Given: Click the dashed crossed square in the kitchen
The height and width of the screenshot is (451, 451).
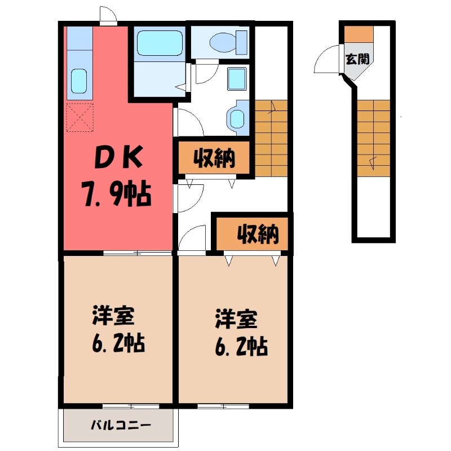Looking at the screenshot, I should (x=79, y=117).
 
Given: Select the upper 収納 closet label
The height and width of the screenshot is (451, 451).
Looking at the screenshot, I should (x=214, y=159).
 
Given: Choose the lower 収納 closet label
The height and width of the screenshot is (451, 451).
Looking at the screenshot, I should (x=257, y=235).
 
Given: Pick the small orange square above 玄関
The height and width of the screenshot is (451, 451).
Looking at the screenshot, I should (x=359, y=34).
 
